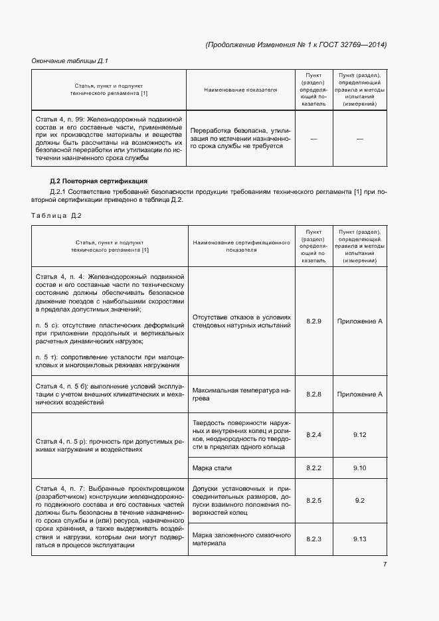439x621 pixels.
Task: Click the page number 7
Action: [385, 565]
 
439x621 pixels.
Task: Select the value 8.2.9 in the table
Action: [314, 321]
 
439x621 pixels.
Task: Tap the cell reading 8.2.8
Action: [314, 395]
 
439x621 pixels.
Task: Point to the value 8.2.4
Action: [314, 434]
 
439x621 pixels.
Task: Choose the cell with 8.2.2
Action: [314, 468]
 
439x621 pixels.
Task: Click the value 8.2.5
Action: [314, 500]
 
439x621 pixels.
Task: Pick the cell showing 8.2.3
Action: [314, 539]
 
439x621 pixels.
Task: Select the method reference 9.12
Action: [360, 434]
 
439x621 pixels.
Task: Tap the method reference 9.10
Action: [360, 468]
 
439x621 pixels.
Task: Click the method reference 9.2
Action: [360, 500]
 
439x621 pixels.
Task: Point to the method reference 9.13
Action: [360, 539]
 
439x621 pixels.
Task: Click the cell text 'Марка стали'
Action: [211, 468]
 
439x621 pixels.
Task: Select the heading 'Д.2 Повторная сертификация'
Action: [98, 181]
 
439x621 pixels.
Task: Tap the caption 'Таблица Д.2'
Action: [56, 215]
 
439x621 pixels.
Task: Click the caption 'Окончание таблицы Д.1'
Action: [70, 61]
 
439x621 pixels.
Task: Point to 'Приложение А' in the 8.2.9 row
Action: [360, 321]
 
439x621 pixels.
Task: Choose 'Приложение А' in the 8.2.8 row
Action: [360, 395]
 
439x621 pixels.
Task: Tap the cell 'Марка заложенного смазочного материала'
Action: [241, 539]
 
